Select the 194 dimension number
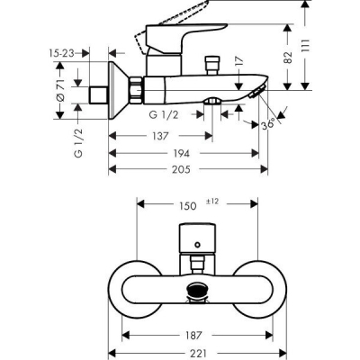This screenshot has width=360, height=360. tap(184, 154)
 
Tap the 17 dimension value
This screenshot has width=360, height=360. tap(237, 62)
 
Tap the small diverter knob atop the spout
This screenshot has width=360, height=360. tap(214, 67)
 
